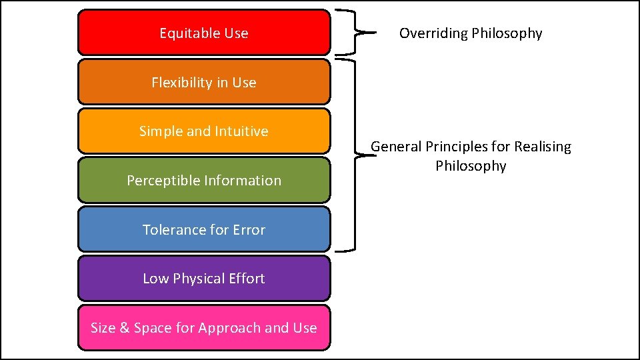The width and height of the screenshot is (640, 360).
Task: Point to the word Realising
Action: [x=541, y=147]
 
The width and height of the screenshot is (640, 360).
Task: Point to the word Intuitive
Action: [x=241, y=131]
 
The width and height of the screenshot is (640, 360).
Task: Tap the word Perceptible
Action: [x=158, y=181]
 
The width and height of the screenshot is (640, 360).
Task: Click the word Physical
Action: [x=198, y=279]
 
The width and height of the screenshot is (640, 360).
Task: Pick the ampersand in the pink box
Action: [x=125, y=328]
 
